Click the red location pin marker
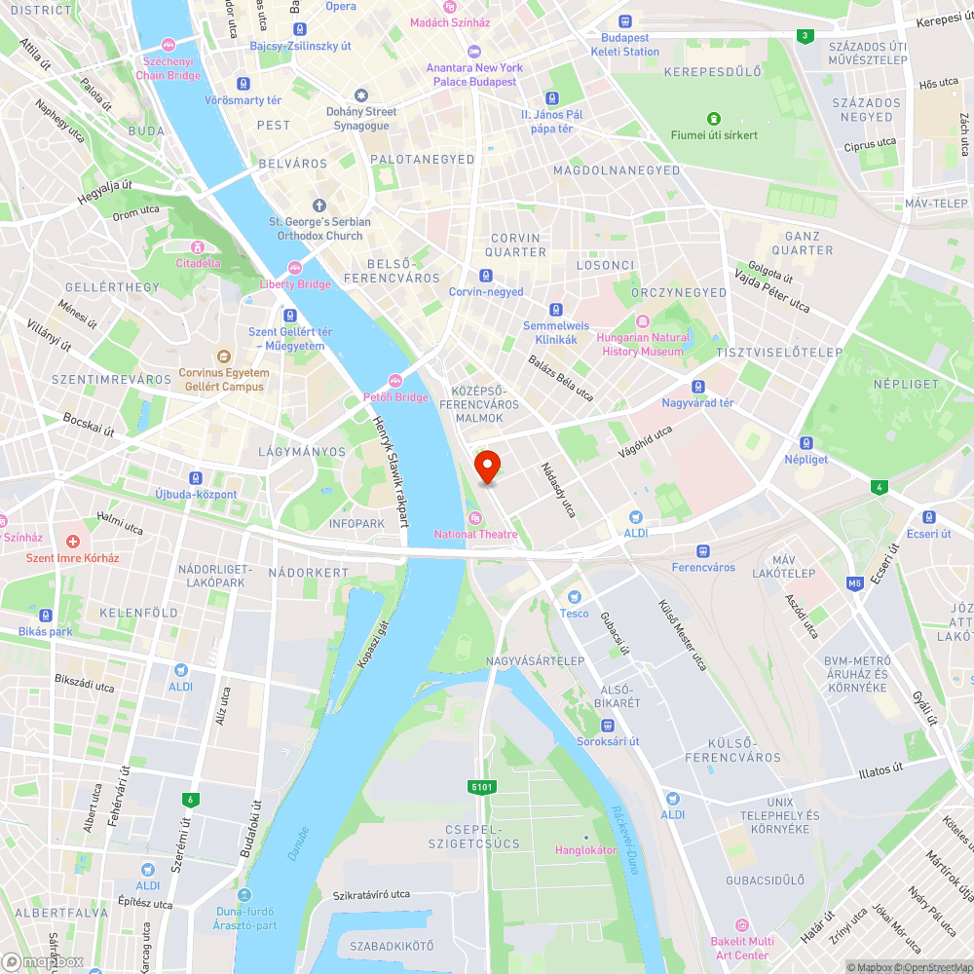pos(487,467)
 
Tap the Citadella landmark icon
pos(198,247)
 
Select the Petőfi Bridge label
pos(395,396)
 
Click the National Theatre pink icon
pos(474,517)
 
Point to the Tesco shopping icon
pos(574,597)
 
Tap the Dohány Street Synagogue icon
pos(361,95)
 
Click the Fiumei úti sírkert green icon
pos(714,118)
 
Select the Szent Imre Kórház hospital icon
pos(72,542)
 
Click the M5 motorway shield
pos(855,584)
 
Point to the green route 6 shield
pos(190,800)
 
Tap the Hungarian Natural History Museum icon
pos(642,322)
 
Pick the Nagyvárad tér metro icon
pos(697,387)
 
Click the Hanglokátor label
pos(585,850)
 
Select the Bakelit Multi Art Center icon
pos(742,924)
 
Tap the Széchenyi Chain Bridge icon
pos(169,45)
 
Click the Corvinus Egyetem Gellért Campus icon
pos(223,356)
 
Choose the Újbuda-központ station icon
pos(196,478)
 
